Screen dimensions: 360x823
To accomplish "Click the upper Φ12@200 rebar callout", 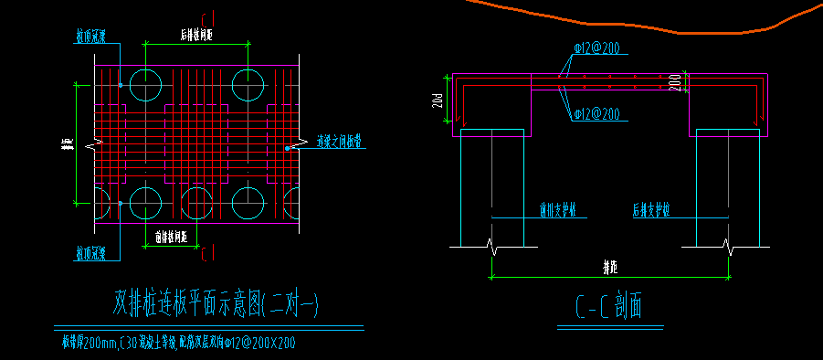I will coord(599,47).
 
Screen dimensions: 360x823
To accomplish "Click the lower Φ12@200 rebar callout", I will coord(599,114).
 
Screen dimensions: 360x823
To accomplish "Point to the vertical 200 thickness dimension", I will coord(674,82).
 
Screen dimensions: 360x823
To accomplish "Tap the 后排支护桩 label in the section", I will coord(651,210).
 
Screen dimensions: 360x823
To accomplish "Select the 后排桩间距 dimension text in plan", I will coord(196,35).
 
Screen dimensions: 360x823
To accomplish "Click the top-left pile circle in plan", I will coord(145,84).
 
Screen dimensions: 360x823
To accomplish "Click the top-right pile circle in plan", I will coord(248,84).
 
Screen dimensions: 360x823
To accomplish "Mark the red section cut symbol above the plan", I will coord(210,18).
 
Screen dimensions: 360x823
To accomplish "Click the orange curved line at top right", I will coord(639,23).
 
